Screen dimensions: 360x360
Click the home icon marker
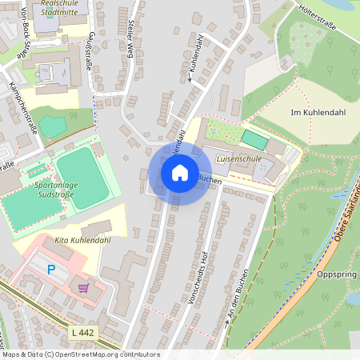[180, 172]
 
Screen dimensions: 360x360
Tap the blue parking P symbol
[52, 270]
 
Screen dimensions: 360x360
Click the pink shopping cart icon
[83, 286]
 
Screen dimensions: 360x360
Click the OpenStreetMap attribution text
[80, 354]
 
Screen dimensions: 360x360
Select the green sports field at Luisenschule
[254, 138]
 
